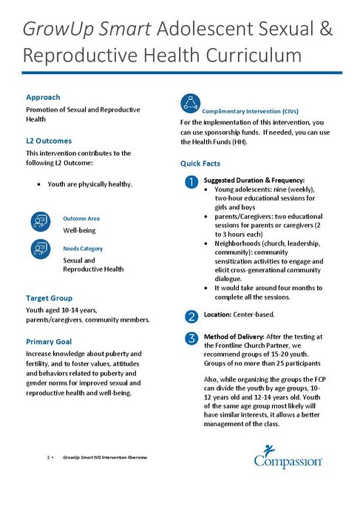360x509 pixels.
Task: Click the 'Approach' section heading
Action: [43, 97]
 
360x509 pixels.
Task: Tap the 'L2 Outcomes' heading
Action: [49, 140]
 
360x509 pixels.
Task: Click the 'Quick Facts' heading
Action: [202, 163]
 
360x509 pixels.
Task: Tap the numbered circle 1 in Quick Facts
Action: [191, 182]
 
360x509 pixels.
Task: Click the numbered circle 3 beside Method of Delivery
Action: [191, 339]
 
